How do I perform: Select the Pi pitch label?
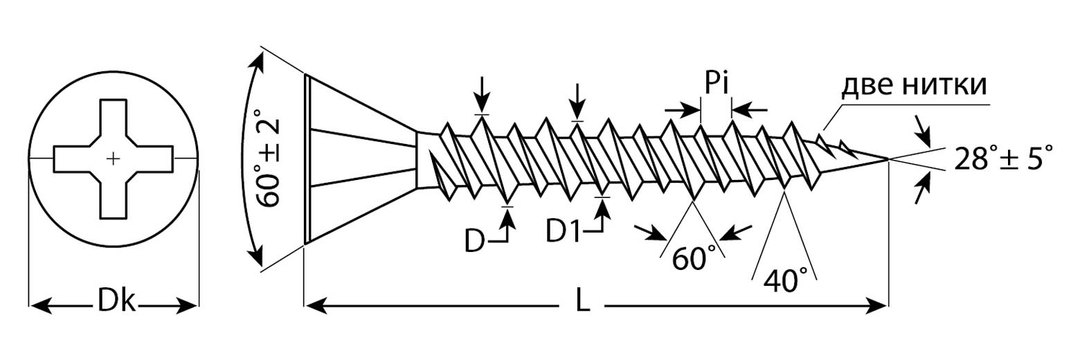point(716,84)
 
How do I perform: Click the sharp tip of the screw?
point(888,160)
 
